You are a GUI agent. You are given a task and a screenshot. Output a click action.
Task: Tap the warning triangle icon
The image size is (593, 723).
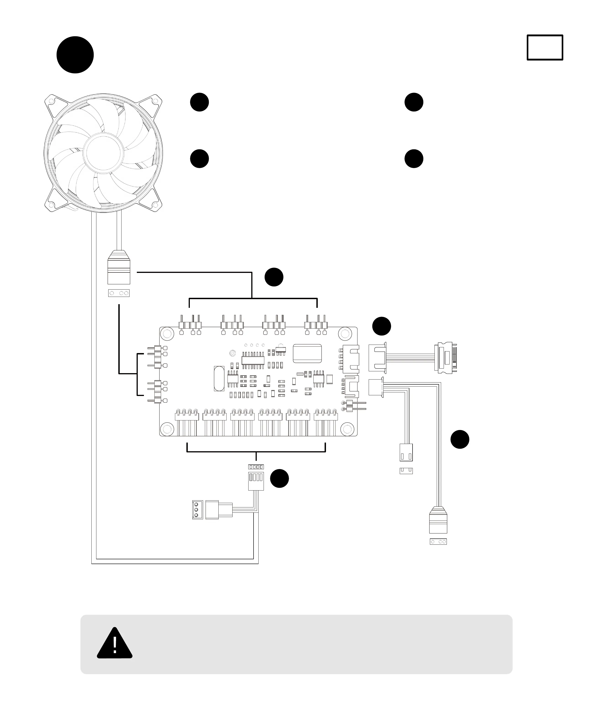tap(114, 644)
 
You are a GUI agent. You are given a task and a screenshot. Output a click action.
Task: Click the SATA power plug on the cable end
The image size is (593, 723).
tap(446, 357)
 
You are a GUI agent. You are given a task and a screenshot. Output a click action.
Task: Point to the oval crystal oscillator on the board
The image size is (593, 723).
tap(219, 378)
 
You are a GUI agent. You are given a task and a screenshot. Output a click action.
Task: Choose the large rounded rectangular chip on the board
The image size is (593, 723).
tap(307, 353)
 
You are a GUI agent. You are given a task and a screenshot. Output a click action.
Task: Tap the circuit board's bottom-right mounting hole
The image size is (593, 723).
tap(347, 429)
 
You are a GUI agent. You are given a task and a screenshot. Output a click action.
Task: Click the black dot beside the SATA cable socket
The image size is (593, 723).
tap(381, 326)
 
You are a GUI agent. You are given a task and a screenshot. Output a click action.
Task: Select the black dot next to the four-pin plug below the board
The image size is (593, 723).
tap(279, 478)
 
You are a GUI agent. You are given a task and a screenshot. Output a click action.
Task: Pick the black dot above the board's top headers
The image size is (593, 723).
tap(274, 277)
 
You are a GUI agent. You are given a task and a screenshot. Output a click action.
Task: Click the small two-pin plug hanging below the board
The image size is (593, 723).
tap(406, 453)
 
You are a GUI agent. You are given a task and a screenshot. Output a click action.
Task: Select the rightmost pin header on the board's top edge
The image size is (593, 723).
tap(316, 325)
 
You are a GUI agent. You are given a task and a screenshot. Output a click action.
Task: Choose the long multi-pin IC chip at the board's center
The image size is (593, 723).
tap(253, 360)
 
